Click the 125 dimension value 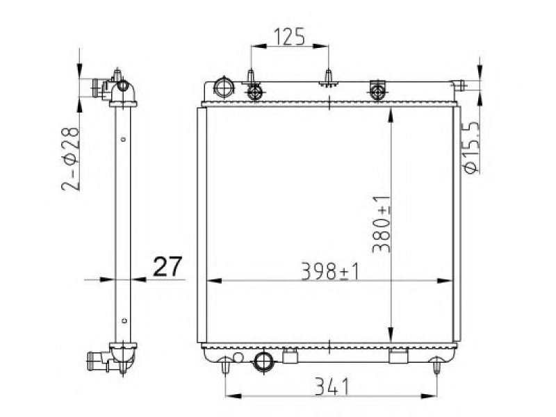289,37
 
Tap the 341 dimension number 332,386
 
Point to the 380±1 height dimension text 382,224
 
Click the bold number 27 167,266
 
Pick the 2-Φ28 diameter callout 71,159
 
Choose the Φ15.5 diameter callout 471,147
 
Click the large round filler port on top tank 224,87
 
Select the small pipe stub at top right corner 459,85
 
